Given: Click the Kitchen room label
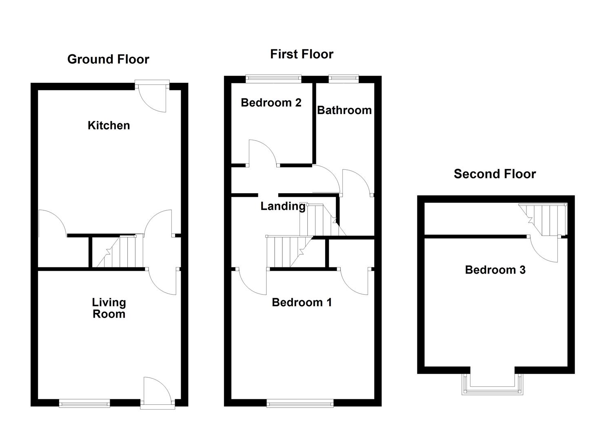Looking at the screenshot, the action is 109,126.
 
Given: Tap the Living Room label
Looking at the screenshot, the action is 109,308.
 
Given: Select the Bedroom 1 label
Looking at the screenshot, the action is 302,303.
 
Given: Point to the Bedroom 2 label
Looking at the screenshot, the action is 271,102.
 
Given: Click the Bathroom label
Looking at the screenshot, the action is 344,110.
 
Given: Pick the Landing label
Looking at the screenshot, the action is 283,207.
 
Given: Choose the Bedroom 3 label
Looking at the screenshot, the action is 495,270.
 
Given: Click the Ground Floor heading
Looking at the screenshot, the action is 108,59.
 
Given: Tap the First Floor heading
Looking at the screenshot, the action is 302,54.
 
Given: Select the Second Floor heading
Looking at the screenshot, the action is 495,174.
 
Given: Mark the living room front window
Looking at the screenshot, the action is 84,403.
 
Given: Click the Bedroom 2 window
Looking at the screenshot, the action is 273,79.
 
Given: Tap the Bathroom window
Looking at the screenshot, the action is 344,79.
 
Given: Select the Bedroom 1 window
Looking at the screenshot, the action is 300,403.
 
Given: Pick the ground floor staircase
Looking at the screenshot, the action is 120,252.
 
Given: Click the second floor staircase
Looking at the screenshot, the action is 542,219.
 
